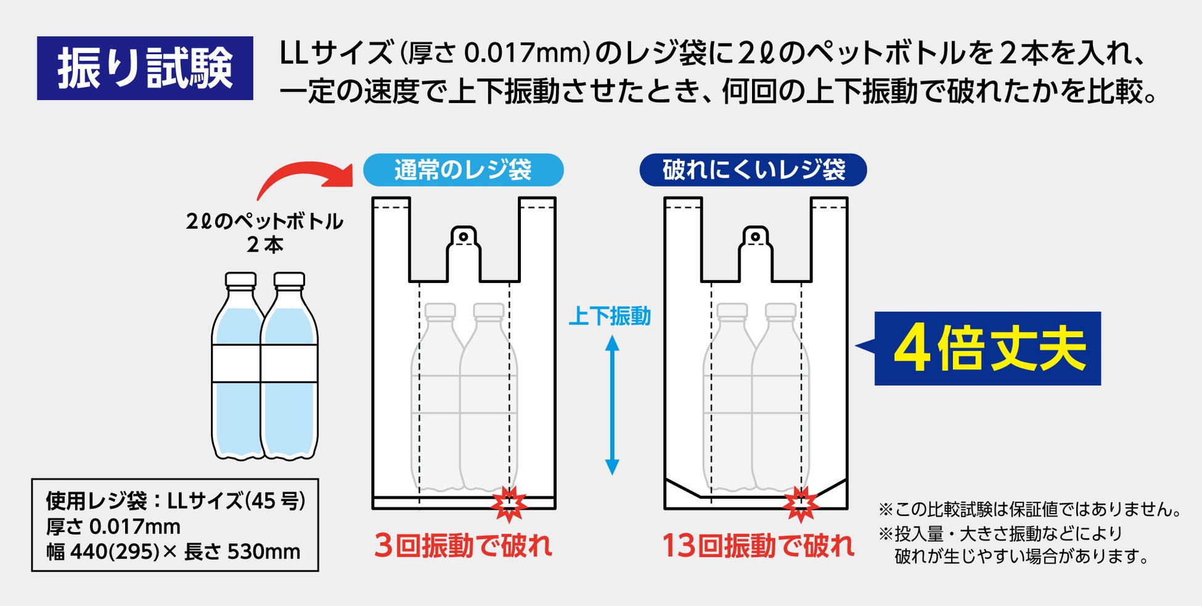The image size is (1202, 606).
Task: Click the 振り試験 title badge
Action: point(145,68)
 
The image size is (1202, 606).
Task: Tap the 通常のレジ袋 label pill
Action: point(463,170)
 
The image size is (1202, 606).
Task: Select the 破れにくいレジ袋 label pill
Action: point(753,170)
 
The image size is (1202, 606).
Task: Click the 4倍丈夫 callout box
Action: point(987,348)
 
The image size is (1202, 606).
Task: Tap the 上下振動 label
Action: point(609,316)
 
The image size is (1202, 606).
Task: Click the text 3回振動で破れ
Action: point(463,546)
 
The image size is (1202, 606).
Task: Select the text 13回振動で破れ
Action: point(758,546)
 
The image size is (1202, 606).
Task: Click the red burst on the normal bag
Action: point(509,504)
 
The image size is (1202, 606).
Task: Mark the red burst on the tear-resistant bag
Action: point(800,504)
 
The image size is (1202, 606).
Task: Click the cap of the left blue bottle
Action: point(240,280)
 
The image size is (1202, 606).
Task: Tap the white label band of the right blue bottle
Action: point(289,364)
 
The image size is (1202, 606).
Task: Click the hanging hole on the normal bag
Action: point(464,236)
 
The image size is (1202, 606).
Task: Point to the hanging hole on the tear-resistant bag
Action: point(755,236)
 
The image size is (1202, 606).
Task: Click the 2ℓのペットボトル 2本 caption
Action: point(264,232)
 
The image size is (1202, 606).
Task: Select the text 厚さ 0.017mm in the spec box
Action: point(113,526)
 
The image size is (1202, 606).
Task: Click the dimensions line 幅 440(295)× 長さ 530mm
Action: point(173,551)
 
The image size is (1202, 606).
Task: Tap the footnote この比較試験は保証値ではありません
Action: point(1029,509)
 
